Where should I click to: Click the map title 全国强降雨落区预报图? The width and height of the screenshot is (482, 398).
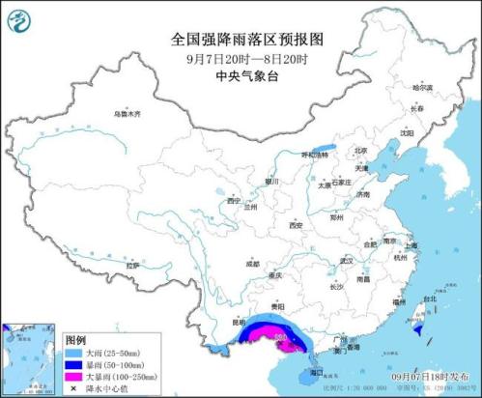click(x=241, y=40)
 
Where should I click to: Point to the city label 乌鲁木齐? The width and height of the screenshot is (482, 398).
click(x=128, y=114)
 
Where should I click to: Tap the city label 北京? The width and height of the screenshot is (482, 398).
click(x=360, y=151)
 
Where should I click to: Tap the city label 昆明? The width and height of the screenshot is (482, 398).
click(x=228, y=318)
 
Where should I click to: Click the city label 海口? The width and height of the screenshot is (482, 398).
click(x=316, y=371)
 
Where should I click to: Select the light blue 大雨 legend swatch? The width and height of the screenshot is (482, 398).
click(x=73, y=354)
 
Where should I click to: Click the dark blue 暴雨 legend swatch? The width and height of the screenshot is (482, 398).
click(x=73, y=365)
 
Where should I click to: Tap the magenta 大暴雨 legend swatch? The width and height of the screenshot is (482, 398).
click(x=73, y=377)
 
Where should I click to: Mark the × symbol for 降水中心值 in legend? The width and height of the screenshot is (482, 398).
click(x=73, y=388)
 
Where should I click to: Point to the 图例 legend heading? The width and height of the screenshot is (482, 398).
click(x=76, y=341)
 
